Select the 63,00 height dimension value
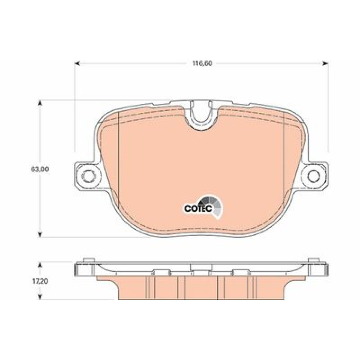[40, 170]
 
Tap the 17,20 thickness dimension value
[40, 281]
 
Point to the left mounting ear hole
[88, 176]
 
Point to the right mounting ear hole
[314, 176]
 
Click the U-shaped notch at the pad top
[201, 115]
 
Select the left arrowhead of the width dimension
[77, 63]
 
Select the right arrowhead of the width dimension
[325, 63]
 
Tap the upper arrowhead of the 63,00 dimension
[40, 103]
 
